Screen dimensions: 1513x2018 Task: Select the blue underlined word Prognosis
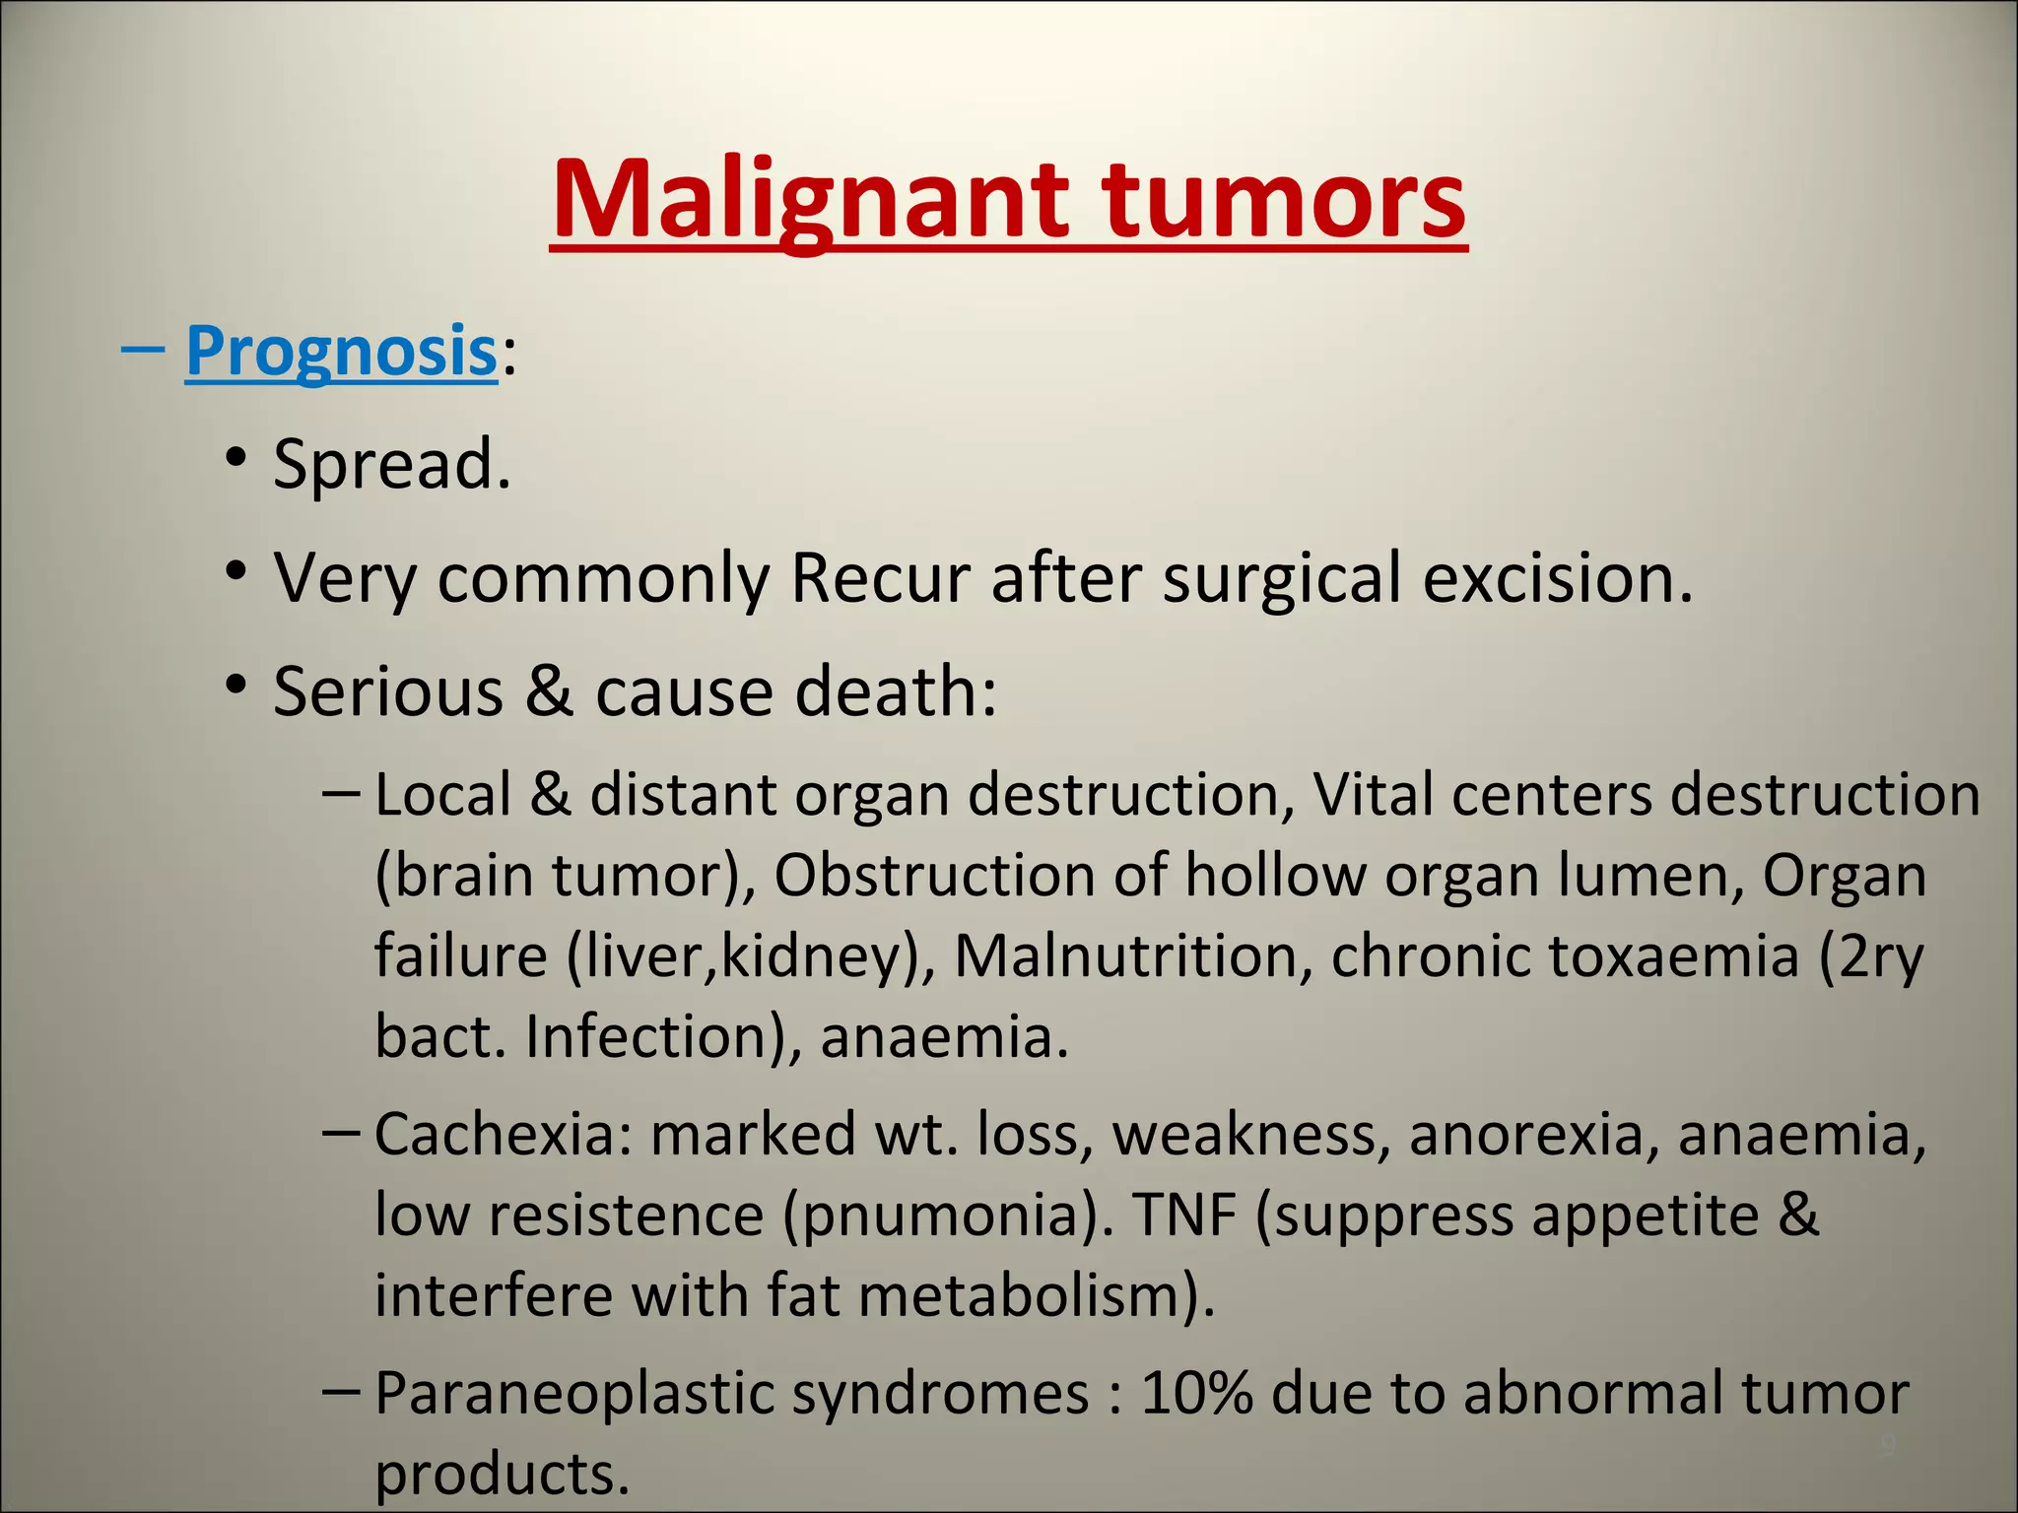pos(341,353)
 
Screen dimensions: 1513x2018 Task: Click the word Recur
pos(880,578)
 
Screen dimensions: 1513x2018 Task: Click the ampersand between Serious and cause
pos(548,691)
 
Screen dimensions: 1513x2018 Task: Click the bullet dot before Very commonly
pos(235,571)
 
